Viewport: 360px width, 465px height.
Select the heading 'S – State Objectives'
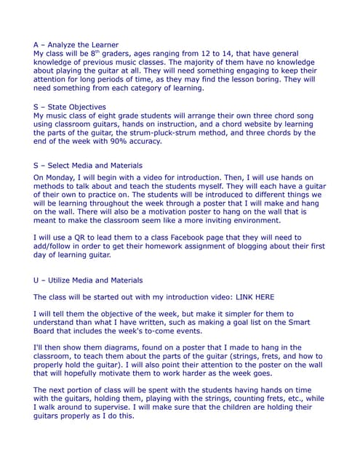(x=68, y=107)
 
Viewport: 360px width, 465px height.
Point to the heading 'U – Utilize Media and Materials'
(x=88, y=280)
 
